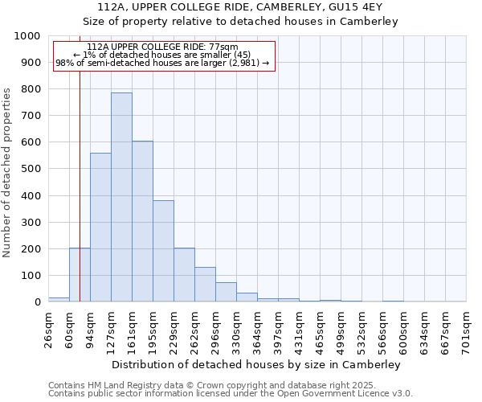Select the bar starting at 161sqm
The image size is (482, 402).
(142, 221)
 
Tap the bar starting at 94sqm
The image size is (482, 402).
(100, 227)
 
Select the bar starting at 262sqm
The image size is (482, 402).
(205, 285)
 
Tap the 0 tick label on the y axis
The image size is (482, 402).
(37, 302)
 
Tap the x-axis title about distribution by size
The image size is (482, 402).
(257, 364)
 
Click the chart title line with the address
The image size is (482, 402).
(241, 7)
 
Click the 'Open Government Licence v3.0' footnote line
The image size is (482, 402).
(231, 394)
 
